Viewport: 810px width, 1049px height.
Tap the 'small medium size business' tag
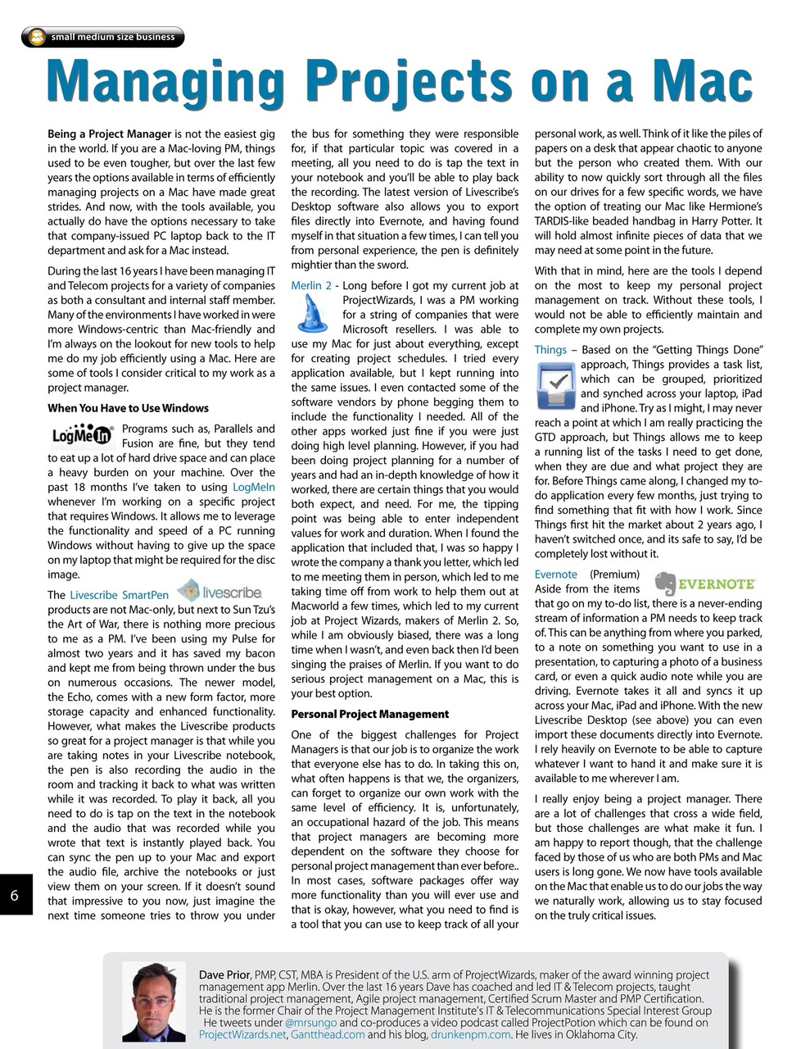(103, 37)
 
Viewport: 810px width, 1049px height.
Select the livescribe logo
(220, 591)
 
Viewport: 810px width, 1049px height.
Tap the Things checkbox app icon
(557, 385)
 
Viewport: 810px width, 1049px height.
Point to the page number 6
(15, 895)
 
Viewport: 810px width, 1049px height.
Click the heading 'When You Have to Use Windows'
(128, 408)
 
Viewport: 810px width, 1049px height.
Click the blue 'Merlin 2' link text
(311, 286)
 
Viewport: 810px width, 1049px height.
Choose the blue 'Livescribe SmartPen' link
(120, 595)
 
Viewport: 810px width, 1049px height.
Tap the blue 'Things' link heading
(550, 350)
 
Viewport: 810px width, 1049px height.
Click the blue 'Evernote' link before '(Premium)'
(555, 574)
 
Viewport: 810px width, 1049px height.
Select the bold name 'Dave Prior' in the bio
(224, 974)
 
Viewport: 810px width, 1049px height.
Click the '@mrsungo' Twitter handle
(310, 1023)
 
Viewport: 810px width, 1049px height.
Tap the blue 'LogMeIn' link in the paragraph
(254, 488)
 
